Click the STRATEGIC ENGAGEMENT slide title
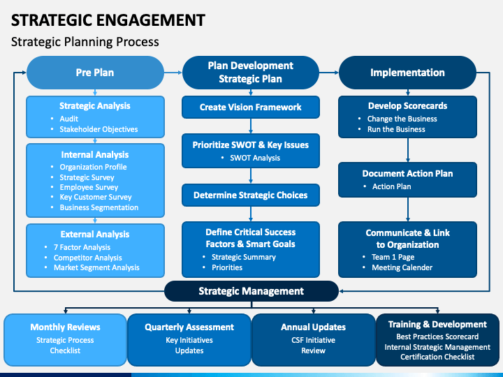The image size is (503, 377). click(108, 20)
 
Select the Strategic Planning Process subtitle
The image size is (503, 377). click(85, 42)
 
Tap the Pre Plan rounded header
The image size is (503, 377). click(95, 73)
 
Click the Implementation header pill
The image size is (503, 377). click(407, 73)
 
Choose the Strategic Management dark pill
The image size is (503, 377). click(251, 291)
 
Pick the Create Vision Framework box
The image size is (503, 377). click(251, 107)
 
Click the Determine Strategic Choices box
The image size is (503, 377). click(251, 195)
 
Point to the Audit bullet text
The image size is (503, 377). click(69, 119)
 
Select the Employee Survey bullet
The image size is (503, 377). click(89, 187)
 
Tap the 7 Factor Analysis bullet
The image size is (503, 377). click(82, 247)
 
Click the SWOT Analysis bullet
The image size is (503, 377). click(255, 158)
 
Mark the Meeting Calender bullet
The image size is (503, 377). click(402, 267)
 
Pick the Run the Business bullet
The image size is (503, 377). click(396, 129)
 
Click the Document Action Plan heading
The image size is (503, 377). click(407, 173)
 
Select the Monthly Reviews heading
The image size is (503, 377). click(65, 327)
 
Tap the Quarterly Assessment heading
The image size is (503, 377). click(189, 327)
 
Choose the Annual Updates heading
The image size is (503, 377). click(314, 327)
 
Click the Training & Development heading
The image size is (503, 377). click(437, 325)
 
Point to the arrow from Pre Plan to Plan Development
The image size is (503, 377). click(173, 73)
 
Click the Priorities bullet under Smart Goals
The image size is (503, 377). click(227, 267)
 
